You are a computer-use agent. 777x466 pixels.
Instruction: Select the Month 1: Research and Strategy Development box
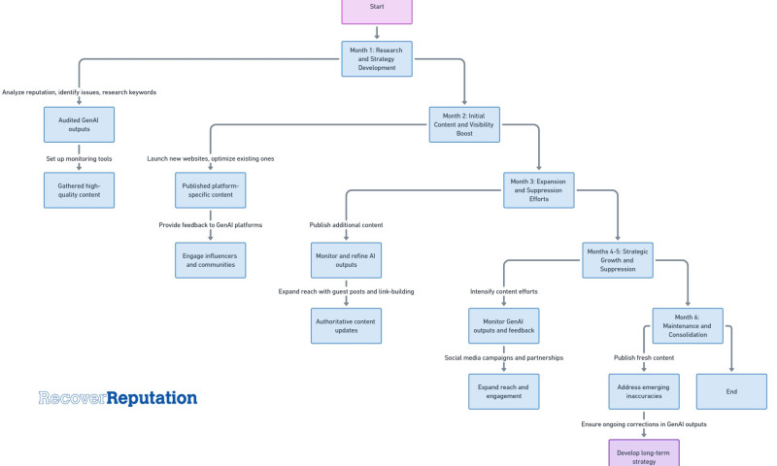(x=376, y=58)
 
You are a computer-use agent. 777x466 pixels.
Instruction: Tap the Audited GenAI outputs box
(x=79, y=124)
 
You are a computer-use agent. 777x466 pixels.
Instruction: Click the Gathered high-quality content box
(x=79, y=189)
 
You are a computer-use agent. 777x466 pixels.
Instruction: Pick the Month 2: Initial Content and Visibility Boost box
(x=464, y=124)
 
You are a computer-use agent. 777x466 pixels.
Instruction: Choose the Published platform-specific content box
(x=211, y=189)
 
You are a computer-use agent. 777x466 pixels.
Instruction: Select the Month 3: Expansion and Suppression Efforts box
(x=539, y=189)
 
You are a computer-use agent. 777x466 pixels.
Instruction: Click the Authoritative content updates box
(x=347, y=325)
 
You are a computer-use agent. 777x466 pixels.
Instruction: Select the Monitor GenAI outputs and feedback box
(x=503, y=325)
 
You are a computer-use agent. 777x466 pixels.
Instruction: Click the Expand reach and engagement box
(x=503, y=391)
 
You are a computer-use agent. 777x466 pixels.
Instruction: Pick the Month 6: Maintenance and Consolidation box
(x=688, y=325)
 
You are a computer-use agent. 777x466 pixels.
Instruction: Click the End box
(x=731, y=391)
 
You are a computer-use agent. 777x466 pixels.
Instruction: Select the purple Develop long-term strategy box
(x=644, y=453)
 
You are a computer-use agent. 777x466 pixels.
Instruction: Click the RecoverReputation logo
(x=118, y=398)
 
